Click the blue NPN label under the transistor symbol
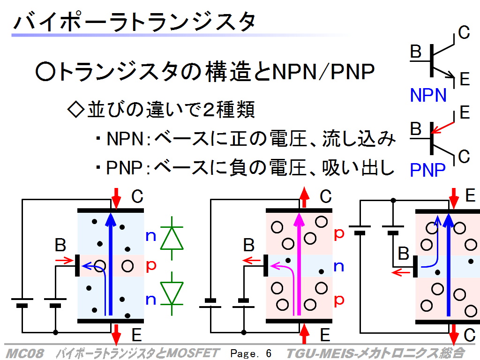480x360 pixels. tap(428, 95)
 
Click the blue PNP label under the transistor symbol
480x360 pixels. tap(427, 170)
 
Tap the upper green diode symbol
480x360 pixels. tap(172, 238)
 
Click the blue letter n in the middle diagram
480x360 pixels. tap(338, 266)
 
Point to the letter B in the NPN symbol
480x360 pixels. tap(416, 52)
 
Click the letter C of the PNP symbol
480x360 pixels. tap(464, 157)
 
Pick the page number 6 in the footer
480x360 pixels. tap(269, 353)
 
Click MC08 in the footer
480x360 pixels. tap(24, 353)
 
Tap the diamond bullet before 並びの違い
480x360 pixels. tap(75, 109)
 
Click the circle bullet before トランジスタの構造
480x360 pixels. tap(45, 72)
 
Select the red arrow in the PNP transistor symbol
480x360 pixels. tap(442, 127)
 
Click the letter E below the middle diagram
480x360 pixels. tap(325, 335)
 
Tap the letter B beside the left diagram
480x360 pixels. tap(60, 245)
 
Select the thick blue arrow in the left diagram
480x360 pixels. tap(111, 264)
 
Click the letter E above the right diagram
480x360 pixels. tap(470, 195)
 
